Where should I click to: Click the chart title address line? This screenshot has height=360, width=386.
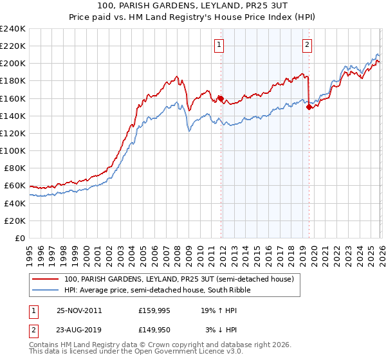click(193, 6)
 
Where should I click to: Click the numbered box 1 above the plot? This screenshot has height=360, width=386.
click(220, 44)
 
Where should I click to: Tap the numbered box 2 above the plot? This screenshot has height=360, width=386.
click(308, 44)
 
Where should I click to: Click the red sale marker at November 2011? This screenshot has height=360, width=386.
click(221, 98)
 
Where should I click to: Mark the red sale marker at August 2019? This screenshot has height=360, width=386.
click(309, 107)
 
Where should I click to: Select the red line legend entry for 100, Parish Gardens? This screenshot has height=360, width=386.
click(179, 280)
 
